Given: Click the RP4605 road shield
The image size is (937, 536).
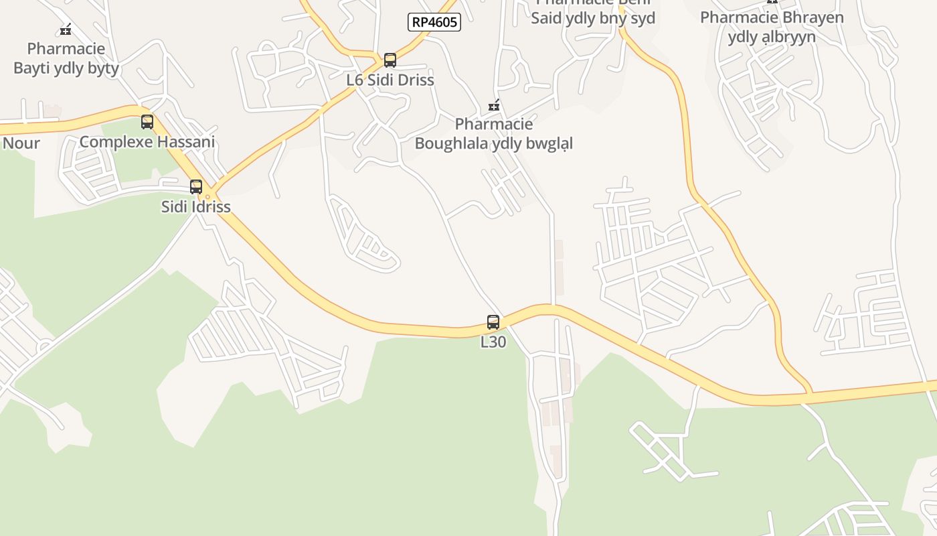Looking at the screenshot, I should [434, 22].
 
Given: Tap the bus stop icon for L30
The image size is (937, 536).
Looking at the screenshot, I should [493, 322].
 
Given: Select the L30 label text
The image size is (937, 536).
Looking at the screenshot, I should [493, 342].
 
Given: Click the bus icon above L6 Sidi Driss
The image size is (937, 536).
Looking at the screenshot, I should [390, 60].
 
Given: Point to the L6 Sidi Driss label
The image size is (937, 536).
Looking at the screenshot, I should [390, 80].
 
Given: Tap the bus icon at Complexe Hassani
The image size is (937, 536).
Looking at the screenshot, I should [147, 122].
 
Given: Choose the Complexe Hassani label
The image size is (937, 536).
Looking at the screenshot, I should [147, 142].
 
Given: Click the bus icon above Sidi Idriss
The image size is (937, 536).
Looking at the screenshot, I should [196, 187].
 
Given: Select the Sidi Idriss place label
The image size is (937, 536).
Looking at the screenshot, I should [196, 206].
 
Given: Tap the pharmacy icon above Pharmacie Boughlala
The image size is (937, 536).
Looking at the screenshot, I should [494, 105].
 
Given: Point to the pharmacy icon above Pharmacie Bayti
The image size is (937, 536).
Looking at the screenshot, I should [66, 29].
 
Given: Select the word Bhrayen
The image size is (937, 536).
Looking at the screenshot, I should [811, 17].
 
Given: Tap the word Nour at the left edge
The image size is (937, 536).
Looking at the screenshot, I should [21, 143].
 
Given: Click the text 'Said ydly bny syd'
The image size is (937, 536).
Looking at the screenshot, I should [593, 18].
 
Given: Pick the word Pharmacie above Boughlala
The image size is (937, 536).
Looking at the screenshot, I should [494, 124].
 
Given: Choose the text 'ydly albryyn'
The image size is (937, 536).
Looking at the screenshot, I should [772, 36].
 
